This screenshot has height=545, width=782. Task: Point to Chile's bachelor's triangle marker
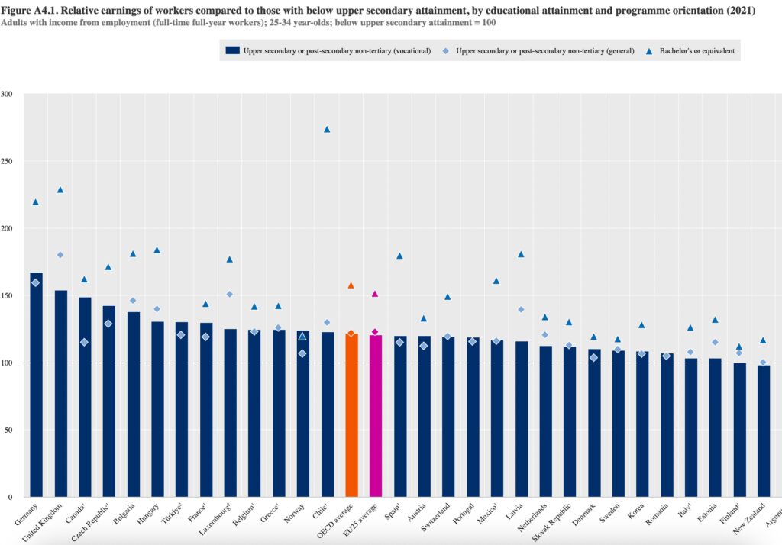(327, 130)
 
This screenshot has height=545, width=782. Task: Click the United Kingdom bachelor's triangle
(60, 190)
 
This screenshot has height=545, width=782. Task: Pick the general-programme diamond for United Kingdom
(60, 255)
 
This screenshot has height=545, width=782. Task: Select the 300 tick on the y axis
(8, 95)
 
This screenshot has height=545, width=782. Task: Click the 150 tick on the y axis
(8, 296)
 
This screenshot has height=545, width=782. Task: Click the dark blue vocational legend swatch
(232, 50)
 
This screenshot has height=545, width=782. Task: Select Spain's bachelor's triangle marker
(399, 256)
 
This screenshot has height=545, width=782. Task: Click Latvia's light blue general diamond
(521, 309)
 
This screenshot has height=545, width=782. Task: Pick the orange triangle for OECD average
(351, 285)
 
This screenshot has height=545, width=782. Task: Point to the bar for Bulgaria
(133, 405)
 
